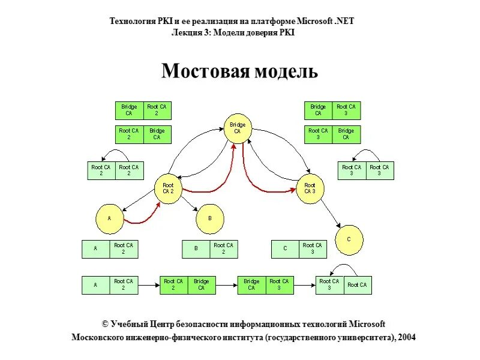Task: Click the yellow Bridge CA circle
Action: [x=238, y=128]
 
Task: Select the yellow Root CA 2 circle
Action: [x=168, y=188]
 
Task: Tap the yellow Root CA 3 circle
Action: [x=310, y=188]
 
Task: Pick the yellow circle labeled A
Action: [x=110, y=219]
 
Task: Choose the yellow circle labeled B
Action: [x=210, y=219]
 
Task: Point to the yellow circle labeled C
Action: [x=349, y=239]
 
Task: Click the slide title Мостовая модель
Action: [x=239, y=72]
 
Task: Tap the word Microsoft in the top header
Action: [x=311, y=21]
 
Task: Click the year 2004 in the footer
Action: [x=405, y=337]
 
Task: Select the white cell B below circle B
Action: [x=196, y=249]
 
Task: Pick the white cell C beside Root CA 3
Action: [x=285, y=249]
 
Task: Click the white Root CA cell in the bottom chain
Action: [x=357, y=285]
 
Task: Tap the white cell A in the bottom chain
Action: [x=96, y=285]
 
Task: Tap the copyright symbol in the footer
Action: [x=105, y=324]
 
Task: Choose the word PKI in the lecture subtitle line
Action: [x=287, y=32]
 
